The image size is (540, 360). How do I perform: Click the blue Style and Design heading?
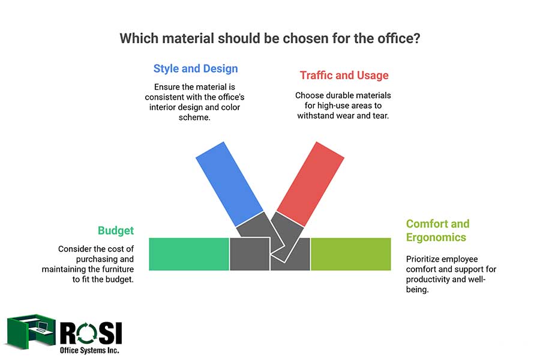pos(196,68)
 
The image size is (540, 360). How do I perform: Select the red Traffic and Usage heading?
pos(344,76)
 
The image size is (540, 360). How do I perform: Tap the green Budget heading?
pos(116,230)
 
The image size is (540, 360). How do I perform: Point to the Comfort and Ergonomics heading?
pos(438,230)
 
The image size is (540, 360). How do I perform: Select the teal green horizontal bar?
pos(189,254)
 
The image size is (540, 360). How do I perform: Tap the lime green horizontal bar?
pos(350,254)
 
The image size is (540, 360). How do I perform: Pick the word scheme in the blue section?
pos(194,118)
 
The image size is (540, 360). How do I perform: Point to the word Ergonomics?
pos(436,237)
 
